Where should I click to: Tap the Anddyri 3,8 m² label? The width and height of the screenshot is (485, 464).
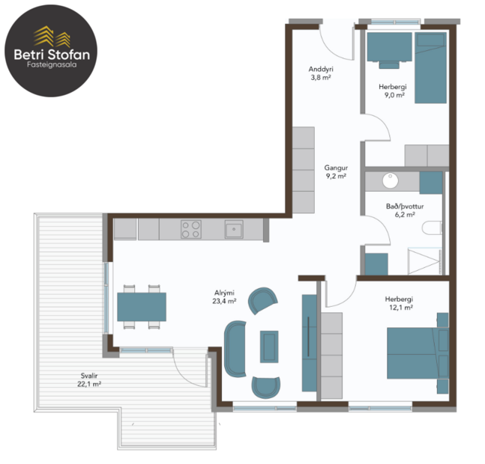pos(321,73)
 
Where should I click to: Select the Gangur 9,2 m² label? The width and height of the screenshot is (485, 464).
pos(335,173)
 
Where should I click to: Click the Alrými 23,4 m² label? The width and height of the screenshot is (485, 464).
pos(224,298)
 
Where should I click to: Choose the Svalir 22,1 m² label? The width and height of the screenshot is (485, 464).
pos(91,379)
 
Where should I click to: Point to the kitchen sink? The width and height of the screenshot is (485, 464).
pos(233,228)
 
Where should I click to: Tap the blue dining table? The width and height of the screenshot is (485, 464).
pos(142,306)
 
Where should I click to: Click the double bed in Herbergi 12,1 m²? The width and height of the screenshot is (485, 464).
pos(417,352)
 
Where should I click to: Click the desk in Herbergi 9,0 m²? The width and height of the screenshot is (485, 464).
pos(389,49)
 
